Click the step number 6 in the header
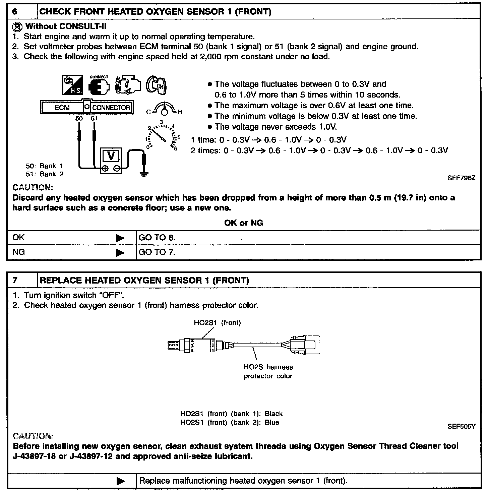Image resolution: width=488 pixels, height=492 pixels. coord(15,12)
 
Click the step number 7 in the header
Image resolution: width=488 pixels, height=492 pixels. coord(15,280)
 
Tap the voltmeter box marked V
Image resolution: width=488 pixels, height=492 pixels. coord(111,156)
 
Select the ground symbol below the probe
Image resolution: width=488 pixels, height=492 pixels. coord(144,174)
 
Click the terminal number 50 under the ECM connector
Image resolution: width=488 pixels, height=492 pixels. coord(79,118)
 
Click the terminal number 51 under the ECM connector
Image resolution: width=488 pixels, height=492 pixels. coord(94,118)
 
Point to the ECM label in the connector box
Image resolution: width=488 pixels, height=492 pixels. coord(62,108)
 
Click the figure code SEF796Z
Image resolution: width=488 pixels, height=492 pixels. coord(461,178)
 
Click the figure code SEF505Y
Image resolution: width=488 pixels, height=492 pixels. coord(461,427)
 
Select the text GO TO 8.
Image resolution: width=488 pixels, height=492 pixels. coord(157,238)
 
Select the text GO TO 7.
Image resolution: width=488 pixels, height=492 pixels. coord(157,252)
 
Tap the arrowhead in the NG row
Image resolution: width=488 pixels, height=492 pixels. coord(120,252)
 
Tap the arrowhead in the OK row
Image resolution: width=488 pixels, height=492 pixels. coord(120,238)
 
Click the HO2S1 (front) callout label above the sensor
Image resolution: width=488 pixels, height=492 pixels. coord(217,323)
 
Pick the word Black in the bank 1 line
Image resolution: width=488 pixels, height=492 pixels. coord(273,414)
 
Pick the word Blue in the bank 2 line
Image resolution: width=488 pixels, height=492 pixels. coord(272,422)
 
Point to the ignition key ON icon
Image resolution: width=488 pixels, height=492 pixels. coord(157,85)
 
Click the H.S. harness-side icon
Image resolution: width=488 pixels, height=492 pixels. coord(73,85)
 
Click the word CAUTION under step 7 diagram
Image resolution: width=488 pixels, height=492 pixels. coord(33,436)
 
